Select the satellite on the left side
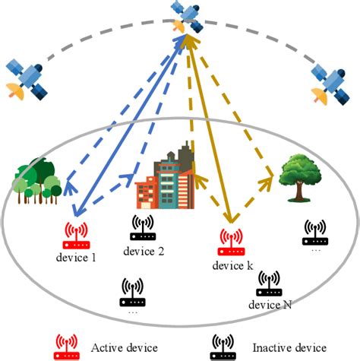coord(26,78)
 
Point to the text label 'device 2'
coord(142,252)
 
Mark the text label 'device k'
coord(232,265)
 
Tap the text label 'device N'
coord(270,304)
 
